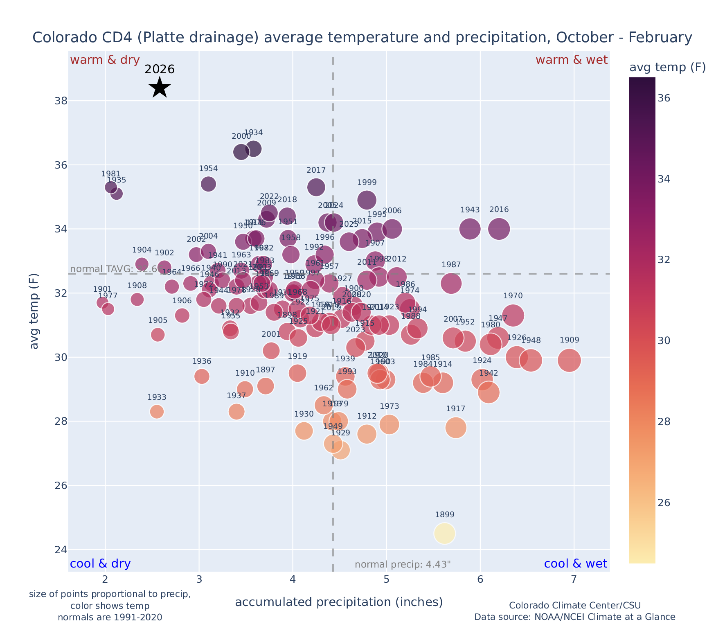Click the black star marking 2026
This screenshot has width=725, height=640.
pyautogui.click(x=160, y=87)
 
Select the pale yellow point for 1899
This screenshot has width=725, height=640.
pyautogui.click(x=445, y=533)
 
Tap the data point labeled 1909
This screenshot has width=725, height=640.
pyautogui.click(x=569, y=360)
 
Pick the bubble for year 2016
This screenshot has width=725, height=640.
pyautogui.click(x=499, y=229)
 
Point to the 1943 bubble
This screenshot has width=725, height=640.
pyautogui.click(x=470, y=229)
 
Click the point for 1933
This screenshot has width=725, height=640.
pyautogui.click(x=157, y=411)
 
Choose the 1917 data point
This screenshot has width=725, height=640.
pyautogui.click(x=456, y=427)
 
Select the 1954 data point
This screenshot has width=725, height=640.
pyautogui.click(x=208, y=184)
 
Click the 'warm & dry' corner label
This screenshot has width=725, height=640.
pyautogui.click(x=105, y=60)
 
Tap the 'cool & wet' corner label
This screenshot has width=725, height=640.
pyautogui.click(x=576, y=564)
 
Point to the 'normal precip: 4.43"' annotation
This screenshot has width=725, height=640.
pyautogui.click(x=403, y=565)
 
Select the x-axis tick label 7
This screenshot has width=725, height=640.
pyautogui.click(x=574, y=580)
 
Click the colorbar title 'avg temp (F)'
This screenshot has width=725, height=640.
pyautogui.click(x=667, y=68)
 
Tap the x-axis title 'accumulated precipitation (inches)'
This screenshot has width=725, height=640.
pyautogui.click(x=339, y=602)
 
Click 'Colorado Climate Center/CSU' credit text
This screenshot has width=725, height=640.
pyautogui.click(x=574, y=605)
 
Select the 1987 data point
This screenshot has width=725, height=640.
pyautogui.click(x=451, y=283)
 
